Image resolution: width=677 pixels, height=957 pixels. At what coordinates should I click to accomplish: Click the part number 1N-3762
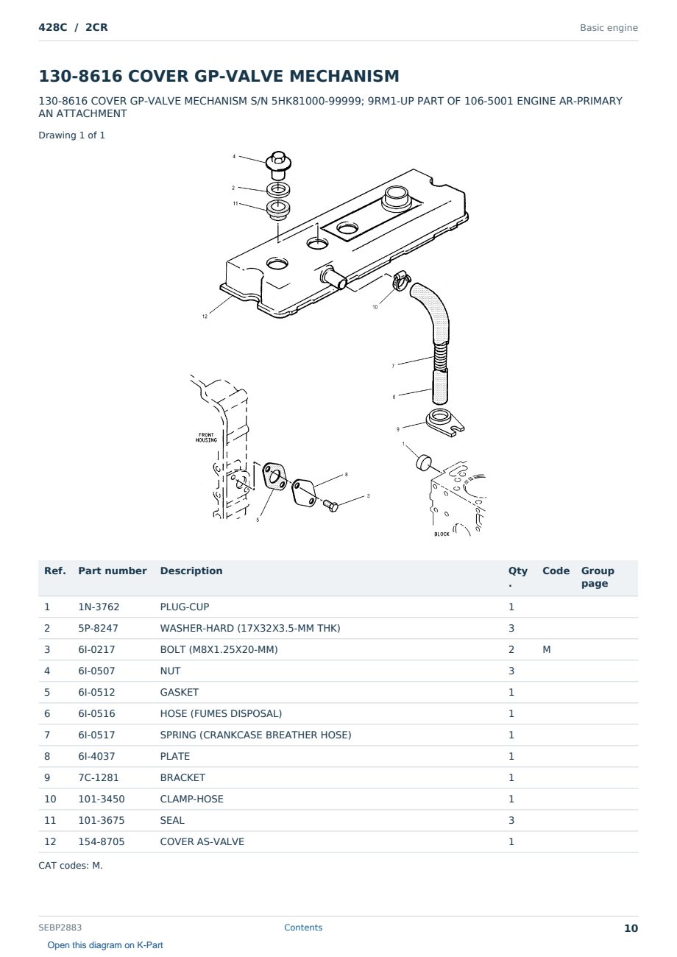click(x=99, y=607)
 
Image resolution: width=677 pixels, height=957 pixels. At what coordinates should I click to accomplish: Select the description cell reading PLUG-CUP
click(x=185, y=607)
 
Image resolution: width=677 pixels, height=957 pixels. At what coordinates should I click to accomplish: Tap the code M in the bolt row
click(x=546, y=649)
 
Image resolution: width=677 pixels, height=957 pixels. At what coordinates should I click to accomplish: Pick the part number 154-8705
click(x=102, y=841)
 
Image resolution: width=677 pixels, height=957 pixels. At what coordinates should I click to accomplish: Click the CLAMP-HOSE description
click(x=192, y=799)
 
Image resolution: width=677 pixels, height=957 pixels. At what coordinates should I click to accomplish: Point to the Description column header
click(x=191, y=571)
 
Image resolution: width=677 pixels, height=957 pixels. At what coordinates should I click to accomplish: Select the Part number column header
click(x=113, y=571)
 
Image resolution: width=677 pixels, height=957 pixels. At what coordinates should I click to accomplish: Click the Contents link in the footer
click(x=303, y=928)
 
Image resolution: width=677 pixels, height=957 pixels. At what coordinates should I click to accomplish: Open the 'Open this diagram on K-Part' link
click(x=105, y=945)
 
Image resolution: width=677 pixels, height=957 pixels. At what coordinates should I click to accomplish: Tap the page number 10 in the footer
click(x=631, y=928)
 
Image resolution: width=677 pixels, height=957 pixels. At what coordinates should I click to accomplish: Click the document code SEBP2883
click(x=60, y=928)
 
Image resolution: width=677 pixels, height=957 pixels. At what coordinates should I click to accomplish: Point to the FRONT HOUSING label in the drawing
click(x=206, y=437)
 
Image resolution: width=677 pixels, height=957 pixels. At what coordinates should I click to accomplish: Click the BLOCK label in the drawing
click(x=442, y=534)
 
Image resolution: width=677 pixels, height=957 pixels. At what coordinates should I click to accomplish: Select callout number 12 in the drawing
click(x=205, y=317)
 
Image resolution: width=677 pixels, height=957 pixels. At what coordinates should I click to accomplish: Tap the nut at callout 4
click(x=278, y=166)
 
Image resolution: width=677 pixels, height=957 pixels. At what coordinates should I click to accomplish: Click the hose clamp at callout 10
click(x=401, y=280)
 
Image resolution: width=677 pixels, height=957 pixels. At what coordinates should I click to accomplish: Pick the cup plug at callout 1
click(x=424, y=463)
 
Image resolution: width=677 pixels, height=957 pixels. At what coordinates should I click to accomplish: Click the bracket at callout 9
click(x=445, y=423)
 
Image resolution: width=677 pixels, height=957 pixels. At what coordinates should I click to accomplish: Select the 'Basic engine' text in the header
click(x=609, y=28)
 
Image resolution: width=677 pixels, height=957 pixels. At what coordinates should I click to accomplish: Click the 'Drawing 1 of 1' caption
click(x=72, y=135)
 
